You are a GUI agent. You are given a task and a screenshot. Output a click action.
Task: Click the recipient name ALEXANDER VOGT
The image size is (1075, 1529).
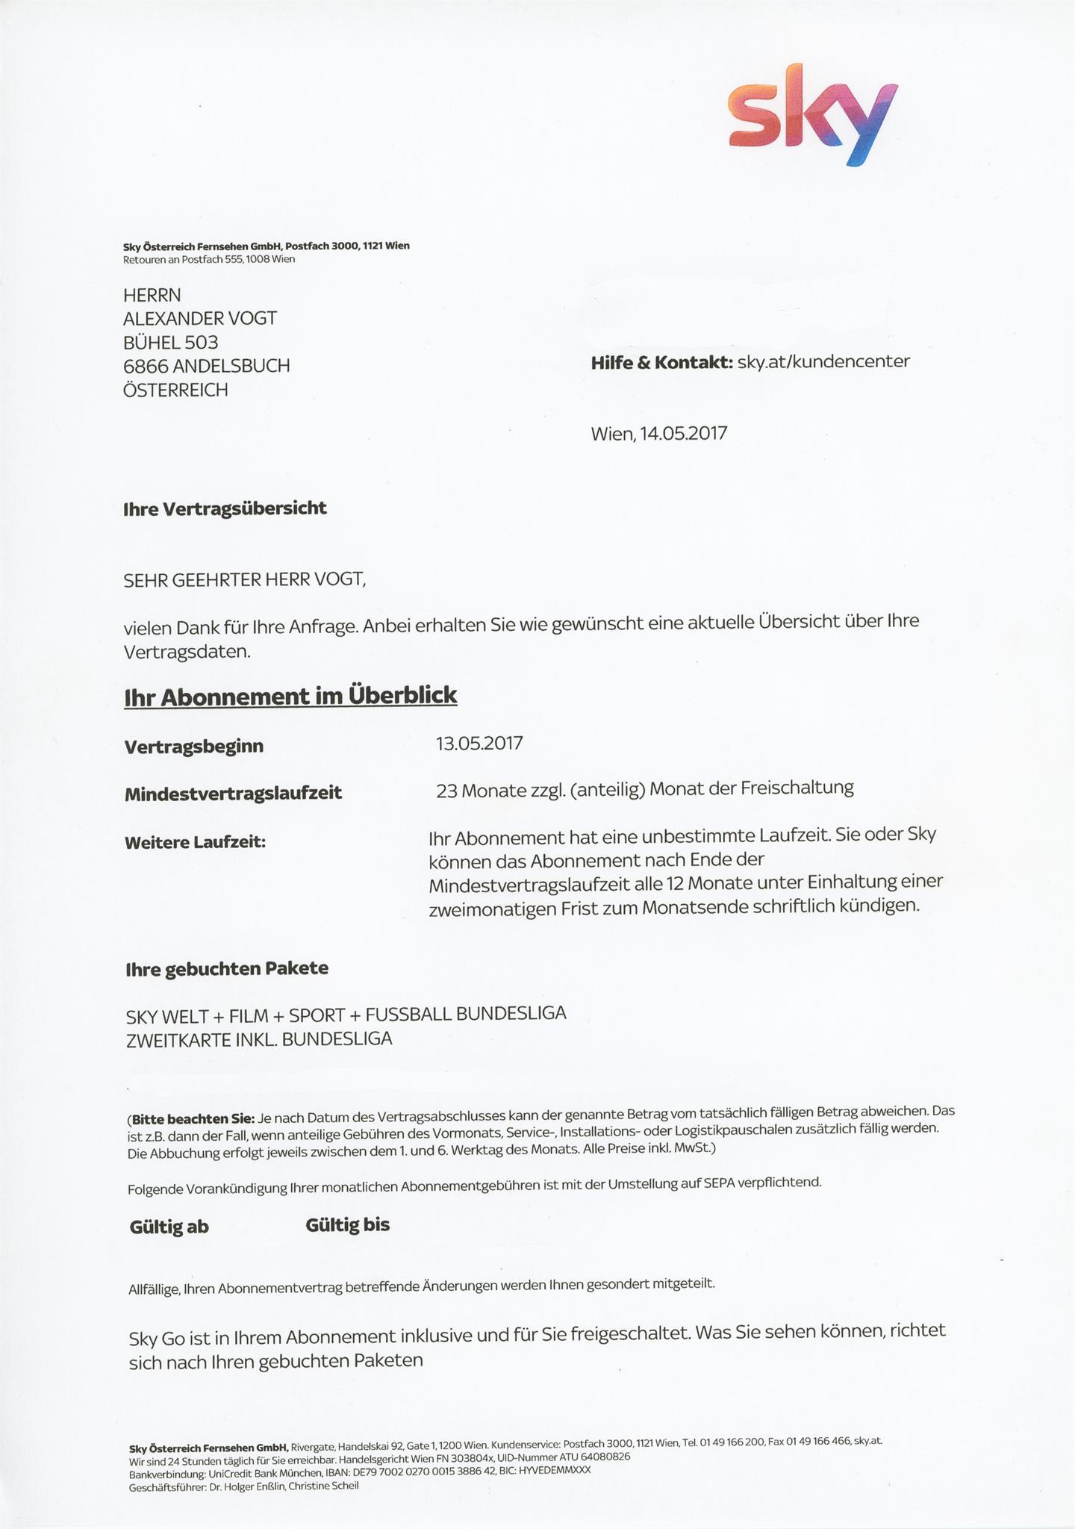(x=199, y=319)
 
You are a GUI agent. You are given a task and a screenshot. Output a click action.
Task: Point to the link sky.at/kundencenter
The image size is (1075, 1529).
(x=823, y=362)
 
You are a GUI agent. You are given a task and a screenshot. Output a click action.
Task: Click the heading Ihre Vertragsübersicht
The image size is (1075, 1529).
(x=225, y=508)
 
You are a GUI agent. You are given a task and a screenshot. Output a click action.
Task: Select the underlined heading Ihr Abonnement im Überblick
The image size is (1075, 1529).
(x=290, y=696)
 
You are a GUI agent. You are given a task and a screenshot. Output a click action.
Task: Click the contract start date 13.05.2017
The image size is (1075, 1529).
(x=479, y=744)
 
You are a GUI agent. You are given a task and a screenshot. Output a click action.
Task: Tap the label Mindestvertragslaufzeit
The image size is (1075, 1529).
(x=233, y=793)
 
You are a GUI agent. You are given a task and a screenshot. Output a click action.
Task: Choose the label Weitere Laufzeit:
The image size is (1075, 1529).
(x=196, y=842)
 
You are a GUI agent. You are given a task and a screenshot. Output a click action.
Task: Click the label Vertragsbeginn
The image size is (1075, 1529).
(x=194, y=747)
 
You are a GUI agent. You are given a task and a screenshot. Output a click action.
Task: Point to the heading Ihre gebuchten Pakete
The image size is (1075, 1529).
(x=227, y=969)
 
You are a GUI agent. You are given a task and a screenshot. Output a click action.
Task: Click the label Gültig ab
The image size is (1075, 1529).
(x=169, y=1227)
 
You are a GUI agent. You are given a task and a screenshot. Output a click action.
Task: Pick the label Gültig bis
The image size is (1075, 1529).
(x=347, y=1225)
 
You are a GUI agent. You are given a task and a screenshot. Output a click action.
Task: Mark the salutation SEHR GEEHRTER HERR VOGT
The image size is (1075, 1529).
(x=245, y=579)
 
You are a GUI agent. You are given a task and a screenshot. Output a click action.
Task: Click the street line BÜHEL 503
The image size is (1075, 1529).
(x=170, y=343)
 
